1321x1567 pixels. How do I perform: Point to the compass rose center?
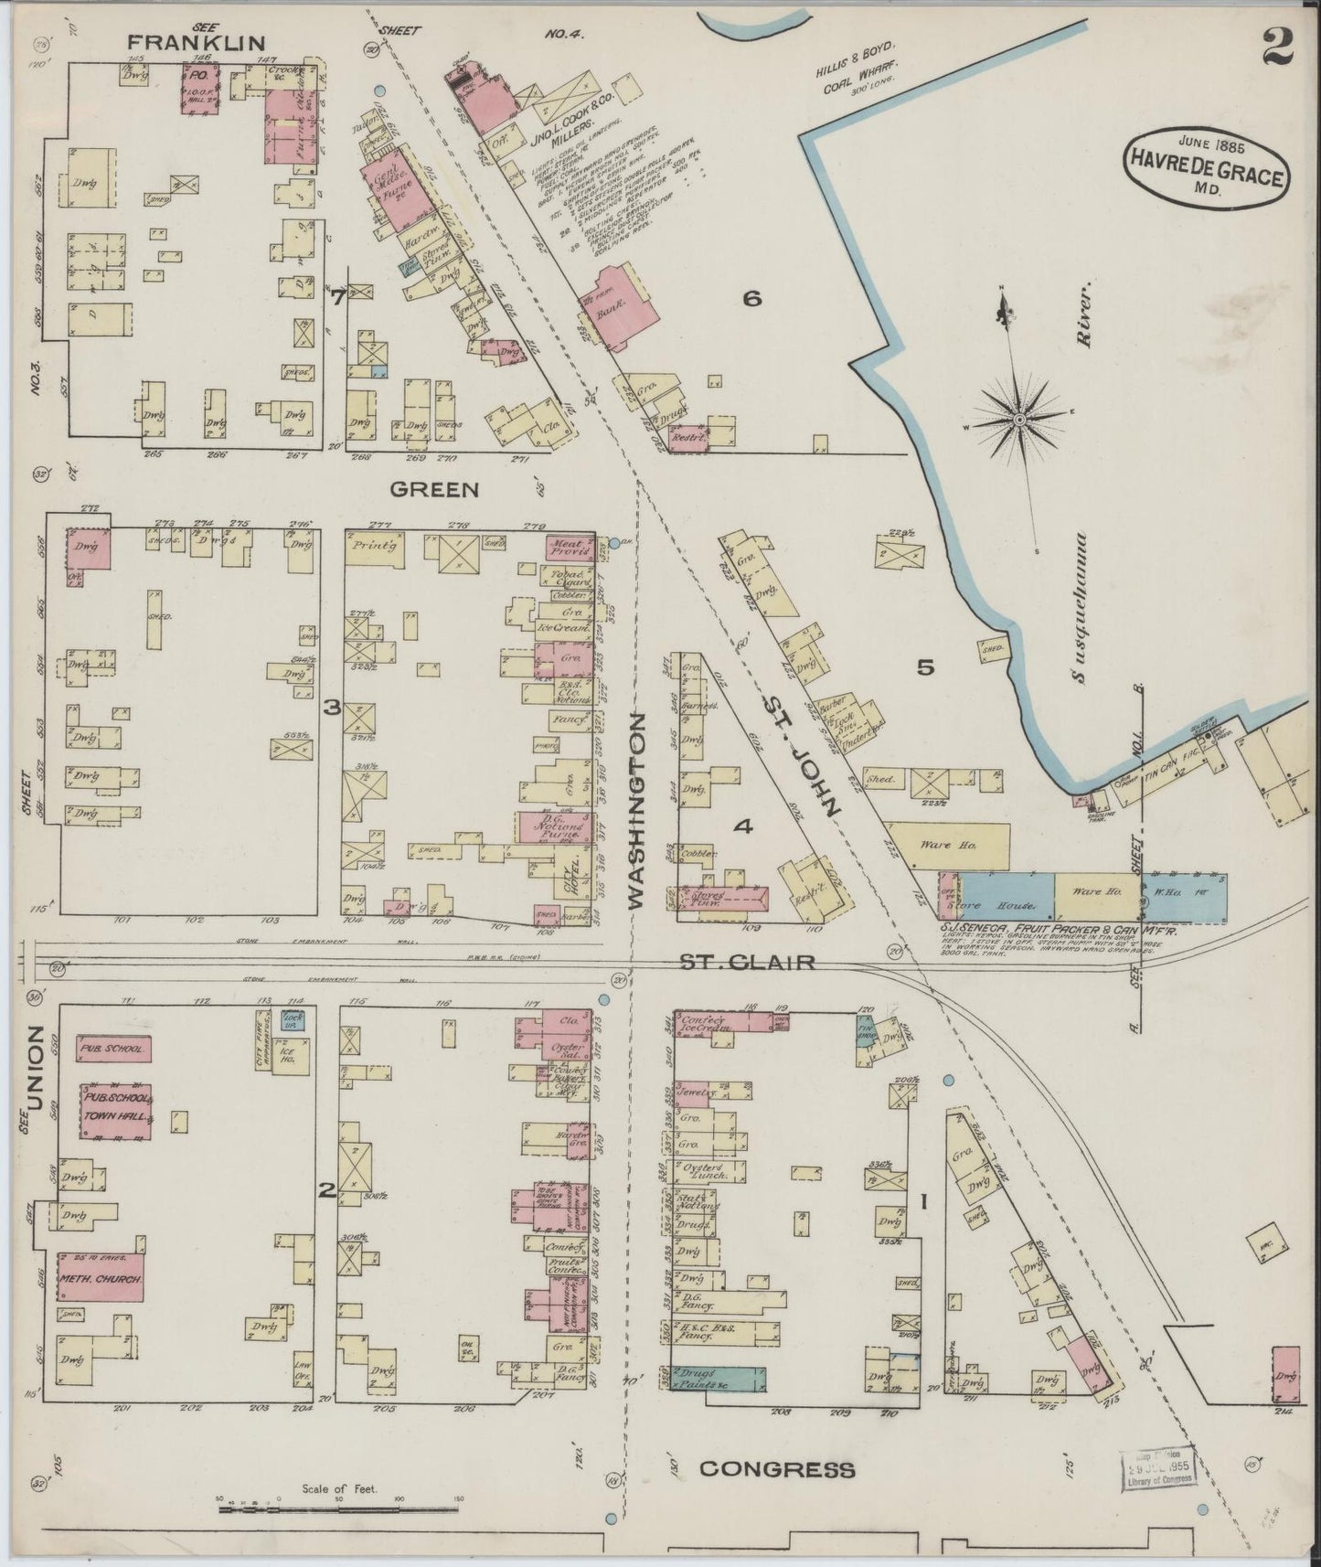pos(1018,420)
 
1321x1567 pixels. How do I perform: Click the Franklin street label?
pos(196,42)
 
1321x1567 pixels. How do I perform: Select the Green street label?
pos(434,489)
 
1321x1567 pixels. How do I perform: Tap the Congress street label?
pos(777,1469)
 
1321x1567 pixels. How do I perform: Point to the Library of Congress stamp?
pos(1156,1468)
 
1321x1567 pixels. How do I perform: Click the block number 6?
pos(751,298)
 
